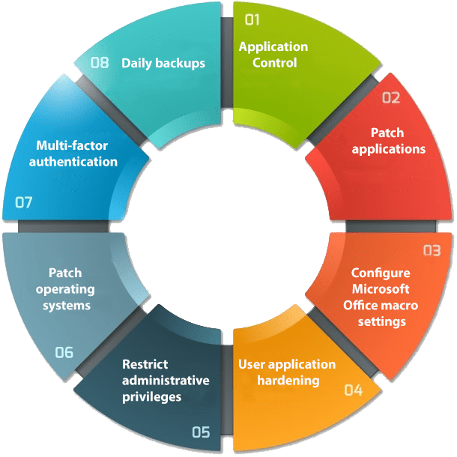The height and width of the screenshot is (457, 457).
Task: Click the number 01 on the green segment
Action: pyautogui.click(x=252, y=19)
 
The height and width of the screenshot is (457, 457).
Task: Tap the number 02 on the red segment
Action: pyautogui.click(x=391, y=97)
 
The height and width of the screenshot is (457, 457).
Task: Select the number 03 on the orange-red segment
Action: pyautogui.click(x=432, y=250)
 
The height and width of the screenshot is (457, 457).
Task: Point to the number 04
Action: pyautogui.click(x=353, y=390)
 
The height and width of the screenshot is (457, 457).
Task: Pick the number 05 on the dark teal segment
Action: pyautogui.click(x=201, y=432)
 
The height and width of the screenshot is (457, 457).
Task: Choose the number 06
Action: pyautogui.click(x=64, y=352)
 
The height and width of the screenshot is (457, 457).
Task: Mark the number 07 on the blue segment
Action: pyautogui.click(x=24, y=202)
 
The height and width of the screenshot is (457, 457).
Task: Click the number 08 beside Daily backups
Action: pyautogui.click(x=100, y=62)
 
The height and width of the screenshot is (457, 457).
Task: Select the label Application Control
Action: pyautogui.click(x=273, y=55)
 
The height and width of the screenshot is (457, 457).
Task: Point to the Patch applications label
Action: pyautogui.click(x=388, y=141)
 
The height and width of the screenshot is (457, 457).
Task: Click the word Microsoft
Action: pyautogui.click(x=381, y=289)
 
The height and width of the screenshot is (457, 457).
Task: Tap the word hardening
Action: pyautogui.click(x=288, y=381)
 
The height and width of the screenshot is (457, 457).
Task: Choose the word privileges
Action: pyautogui.click(x=151, y=397)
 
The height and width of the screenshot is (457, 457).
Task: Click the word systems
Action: pyautogui.click(x=66, y=306)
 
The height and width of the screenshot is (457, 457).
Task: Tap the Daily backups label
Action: pyautogui.click(x=163, y=63)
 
